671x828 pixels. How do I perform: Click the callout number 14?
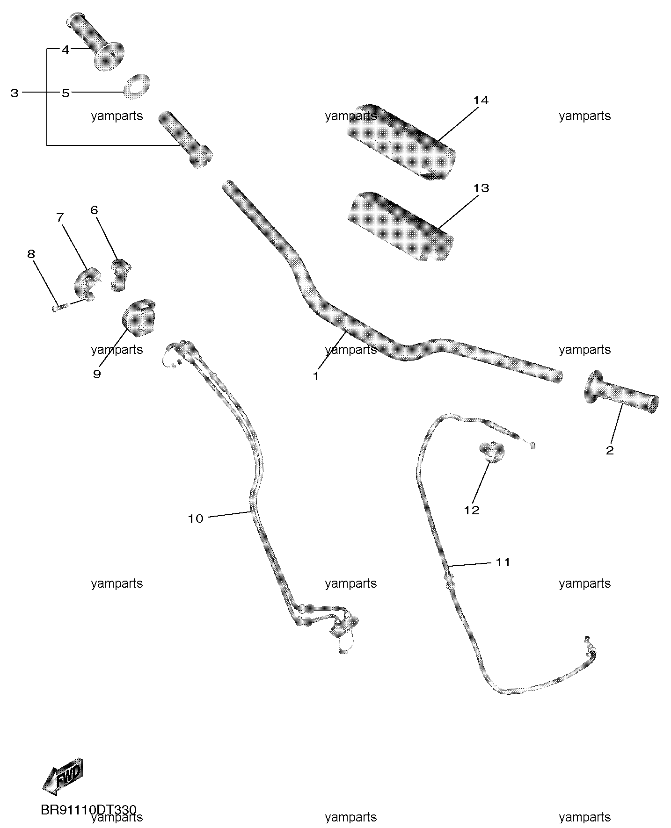[x=481, y=101]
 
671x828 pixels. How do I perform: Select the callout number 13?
[x=481, y=188]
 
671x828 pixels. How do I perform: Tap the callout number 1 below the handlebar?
[x=316, y=376]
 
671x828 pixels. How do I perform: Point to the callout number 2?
[x=610, y=450]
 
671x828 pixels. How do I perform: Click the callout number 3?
[x=15, y=93]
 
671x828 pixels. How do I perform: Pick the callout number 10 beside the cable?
[x=196, y=518]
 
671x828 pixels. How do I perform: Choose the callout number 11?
[x=503, y=562]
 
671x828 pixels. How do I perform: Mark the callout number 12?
[x=472, y=510]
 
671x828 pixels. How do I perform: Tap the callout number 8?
[x=31, y=254]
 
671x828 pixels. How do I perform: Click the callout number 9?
[x=97, y=374]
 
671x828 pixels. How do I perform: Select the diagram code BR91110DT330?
[x=88, y=810]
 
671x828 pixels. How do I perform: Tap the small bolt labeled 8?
[x=61, y=307]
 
